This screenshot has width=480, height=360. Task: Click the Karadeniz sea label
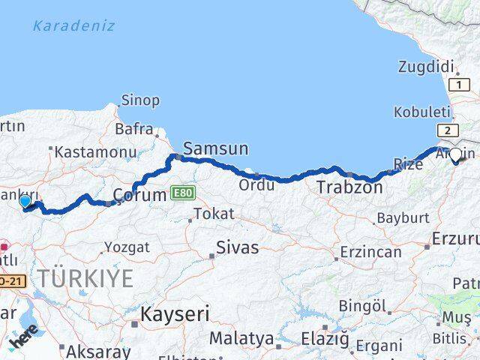(73, 26)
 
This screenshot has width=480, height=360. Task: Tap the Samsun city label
(215, 149)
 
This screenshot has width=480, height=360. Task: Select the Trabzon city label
(349, 187)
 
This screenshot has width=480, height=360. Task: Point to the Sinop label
(140, 100)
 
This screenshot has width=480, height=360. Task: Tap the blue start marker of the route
(25, 201)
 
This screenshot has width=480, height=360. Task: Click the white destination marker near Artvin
(455, 155)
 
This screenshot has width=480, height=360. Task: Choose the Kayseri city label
(175, 314)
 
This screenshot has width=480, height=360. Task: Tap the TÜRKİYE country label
(85, 279)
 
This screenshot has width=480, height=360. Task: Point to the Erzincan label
(370, 252)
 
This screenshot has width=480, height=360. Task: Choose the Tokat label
(214, 214)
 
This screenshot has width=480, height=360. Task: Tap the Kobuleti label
(422, 112)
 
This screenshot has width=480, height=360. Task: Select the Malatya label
(241, 339)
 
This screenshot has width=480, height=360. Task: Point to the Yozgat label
(127, 247)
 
